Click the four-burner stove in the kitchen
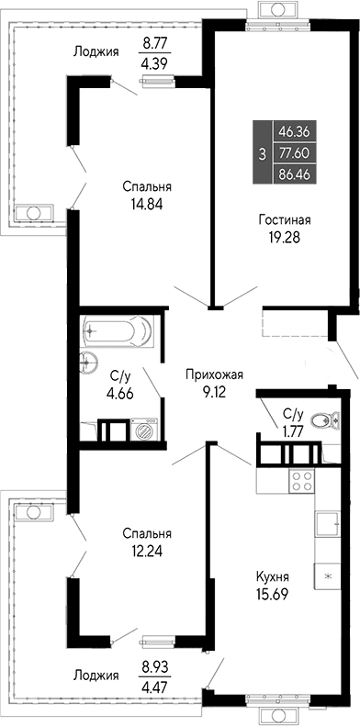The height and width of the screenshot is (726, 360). click(x=302, y=480)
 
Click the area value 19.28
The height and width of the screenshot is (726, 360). click(x=283, y=237)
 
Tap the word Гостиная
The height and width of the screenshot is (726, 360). click(x=283, y=220)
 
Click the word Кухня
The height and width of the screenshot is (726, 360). click(x=273, y=577)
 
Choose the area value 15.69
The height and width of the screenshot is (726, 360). click(x=273, y=594)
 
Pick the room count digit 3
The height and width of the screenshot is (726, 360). click(x=264, y=153)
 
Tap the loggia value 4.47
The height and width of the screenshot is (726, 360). click(x=155, y=681)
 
